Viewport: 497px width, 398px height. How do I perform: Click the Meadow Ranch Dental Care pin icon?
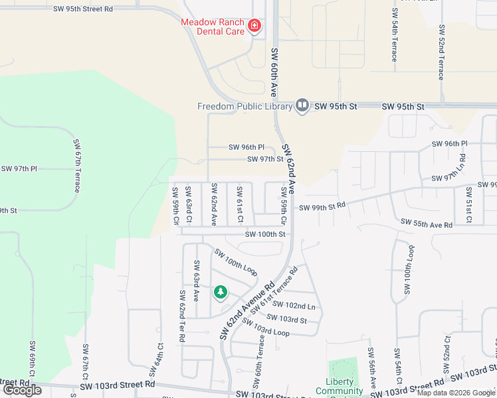tap(253, 27)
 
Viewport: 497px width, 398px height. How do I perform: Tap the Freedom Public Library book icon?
tap(302, 106)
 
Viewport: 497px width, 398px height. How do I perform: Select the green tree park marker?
tap(220, 292)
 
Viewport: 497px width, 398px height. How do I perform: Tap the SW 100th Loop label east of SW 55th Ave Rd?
tap(408, 270)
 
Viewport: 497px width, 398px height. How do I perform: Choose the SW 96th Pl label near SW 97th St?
tap(247, 147)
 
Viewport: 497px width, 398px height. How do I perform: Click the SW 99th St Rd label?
tap(322, 207)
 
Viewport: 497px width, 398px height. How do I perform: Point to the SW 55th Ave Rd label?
tap(426, 225)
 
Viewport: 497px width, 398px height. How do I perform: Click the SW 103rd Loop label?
tap(266, 327)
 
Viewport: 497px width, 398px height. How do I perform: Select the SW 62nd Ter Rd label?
tap(181, 315)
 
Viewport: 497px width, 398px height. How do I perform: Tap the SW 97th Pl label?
tap(19, 168)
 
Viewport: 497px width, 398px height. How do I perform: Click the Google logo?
tap(22, 390)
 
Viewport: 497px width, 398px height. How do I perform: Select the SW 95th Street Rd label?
tap(83, 9)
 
